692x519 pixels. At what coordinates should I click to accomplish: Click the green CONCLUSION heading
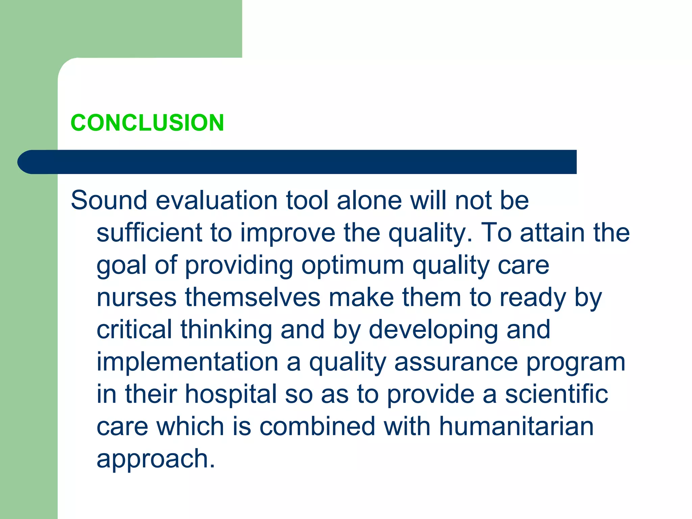[x=147, y=123]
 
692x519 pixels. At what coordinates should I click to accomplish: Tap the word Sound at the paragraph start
[x=109, y=200]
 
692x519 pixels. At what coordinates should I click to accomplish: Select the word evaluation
[x=217, y=200]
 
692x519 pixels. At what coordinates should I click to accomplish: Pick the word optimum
[x=352, y=265]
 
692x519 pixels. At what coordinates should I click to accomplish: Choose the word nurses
[x=137, y=297]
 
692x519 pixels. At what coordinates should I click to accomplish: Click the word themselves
[x=253, y=297]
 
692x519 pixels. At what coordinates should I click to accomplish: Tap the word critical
[x=134, y=329]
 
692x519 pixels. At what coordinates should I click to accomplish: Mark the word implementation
[x=188, y=362]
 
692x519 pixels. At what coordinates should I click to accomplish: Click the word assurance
[x=456, y=362]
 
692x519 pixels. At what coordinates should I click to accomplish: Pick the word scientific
[x=556, y=394]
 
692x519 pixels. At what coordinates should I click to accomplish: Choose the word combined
[x=317, y=426]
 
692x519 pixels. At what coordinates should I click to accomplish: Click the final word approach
[x=155, y=459]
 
